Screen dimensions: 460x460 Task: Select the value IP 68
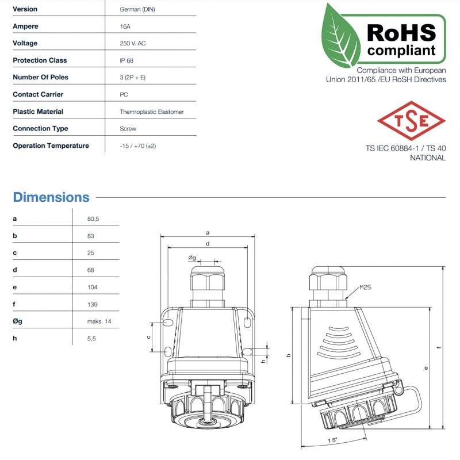pos(127,60)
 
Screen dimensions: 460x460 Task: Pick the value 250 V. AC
pos(133,43)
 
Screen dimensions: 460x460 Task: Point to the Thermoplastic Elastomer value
pos(151,112)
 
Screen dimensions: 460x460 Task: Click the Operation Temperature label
pos(51,145)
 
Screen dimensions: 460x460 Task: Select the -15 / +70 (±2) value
pos(138,146)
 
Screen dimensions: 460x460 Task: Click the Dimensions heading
pos(51,197)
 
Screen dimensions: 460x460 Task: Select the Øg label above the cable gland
pos(192,257)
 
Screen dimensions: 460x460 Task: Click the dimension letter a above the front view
pos(206,232)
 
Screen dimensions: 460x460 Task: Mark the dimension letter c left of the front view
pos(149,336)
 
